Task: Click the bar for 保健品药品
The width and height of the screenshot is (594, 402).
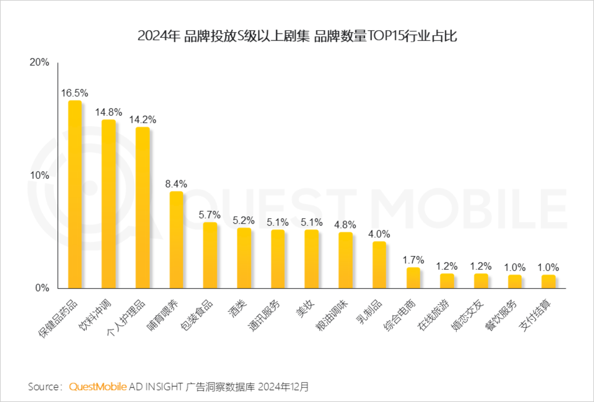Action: [75, 194]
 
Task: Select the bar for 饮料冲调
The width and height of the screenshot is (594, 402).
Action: [108, 204]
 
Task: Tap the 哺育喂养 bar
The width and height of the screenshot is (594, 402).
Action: [176, 240]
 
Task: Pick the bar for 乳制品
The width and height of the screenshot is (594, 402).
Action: [379, 265]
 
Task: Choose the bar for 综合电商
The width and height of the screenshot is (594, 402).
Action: [413, 277]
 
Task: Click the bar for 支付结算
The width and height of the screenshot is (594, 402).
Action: [548, 281]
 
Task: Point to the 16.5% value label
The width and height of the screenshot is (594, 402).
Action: [75, 93]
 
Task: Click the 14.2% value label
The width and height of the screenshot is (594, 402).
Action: [142, 120]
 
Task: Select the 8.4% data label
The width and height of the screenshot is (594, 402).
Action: [176, 184]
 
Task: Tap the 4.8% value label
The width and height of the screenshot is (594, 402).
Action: [345, 225]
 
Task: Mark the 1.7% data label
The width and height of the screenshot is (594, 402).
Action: [413, 260]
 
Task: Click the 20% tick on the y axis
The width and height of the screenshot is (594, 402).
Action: [39, 62]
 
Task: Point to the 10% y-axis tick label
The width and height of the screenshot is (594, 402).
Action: [39, 175]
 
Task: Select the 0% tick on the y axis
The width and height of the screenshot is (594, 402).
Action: [42, 288]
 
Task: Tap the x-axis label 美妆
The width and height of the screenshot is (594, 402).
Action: [306, 309]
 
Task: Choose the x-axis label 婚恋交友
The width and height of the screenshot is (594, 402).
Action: [467, 315]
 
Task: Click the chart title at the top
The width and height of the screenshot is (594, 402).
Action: [297, 36]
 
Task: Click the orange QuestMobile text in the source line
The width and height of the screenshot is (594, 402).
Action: [98, 387]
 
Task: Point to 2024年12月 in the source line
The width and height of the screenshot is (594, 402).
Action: [283, 387]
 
